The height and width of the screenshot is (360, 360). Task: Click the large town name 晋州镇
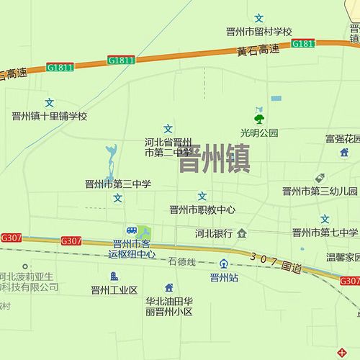pos(214,159)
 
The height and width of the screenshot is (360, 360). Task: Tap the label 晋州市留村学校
pos(258,32)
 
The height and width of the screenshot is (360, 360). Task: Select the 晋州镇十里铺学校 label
pos(49,116)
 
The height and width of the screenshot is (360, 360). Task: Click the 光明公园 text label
pos(259,132)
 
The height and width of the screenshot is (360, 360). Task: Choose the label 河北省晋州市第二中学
pos(168,147)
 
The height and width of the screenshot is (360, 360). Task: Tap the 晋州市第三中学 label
pos(118,184)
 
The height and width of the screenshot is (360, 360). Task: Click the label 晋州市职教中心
pos(202,210)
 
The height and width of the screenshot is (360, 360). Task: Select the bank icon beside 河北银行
pos(242,233)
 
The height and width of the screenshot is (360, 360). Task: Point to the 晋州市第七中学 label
pos(325,232)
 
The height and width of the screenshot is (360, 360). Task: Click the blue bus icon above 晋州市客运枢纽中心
pos(131,230)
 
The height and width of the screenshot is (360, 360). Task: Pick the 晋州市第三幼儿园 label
pos(320,192)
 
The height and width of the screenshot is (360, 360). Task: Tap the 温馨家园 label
pos(342,256)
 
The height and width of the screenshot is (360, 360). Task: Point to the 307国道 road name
pos(276,263)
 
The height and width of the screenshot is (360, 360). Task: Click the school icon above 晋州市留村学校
pos(259,17)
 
